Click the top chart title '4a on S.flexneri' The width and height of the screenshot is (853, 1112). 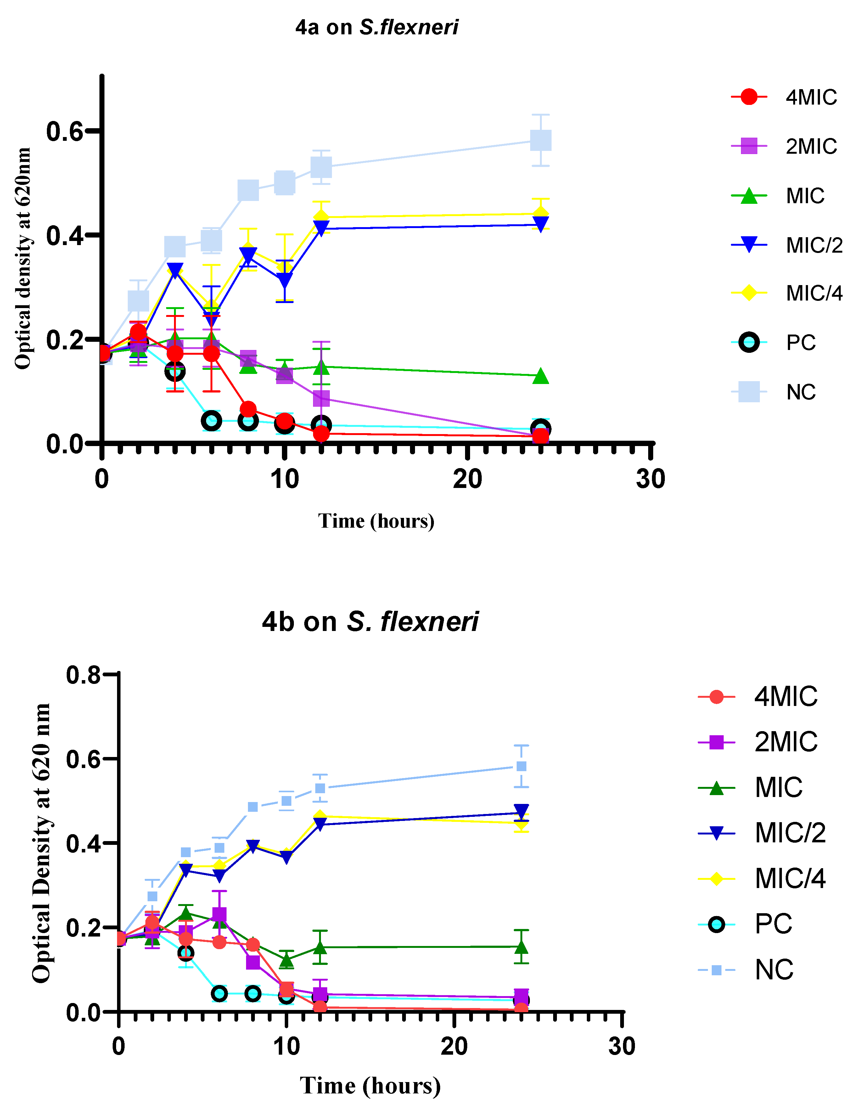pyautogui.click(x=377, y=27)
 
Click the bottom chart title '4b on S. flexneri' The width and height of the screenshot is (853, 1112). pyautogui.click(x=370, y=621)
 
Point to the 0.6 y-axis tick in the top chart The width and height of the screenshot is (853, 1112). pyautogui.click(x=65, y=131)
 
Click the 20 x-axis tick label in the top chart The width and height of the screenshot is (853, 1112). pyautogui.click(x=467, y=479)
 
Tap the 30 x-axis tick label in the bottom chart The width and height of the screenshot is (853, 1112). pyautogui.click(x=621, y=1046)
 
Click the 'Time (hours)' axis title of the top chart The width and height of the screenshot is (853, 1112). pyautogui.click(x=376, y=521)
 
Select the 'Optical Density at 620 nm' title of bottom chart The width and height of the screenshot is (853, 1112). pyautogui.click(x=42, y=843)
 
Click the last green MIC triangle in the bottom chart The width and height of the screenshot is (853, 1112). pyautogui.click(x=521, y=947)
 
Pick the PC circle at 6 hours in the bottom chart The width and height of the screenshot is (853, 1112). pyautogui.click(x=219, y=993)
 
